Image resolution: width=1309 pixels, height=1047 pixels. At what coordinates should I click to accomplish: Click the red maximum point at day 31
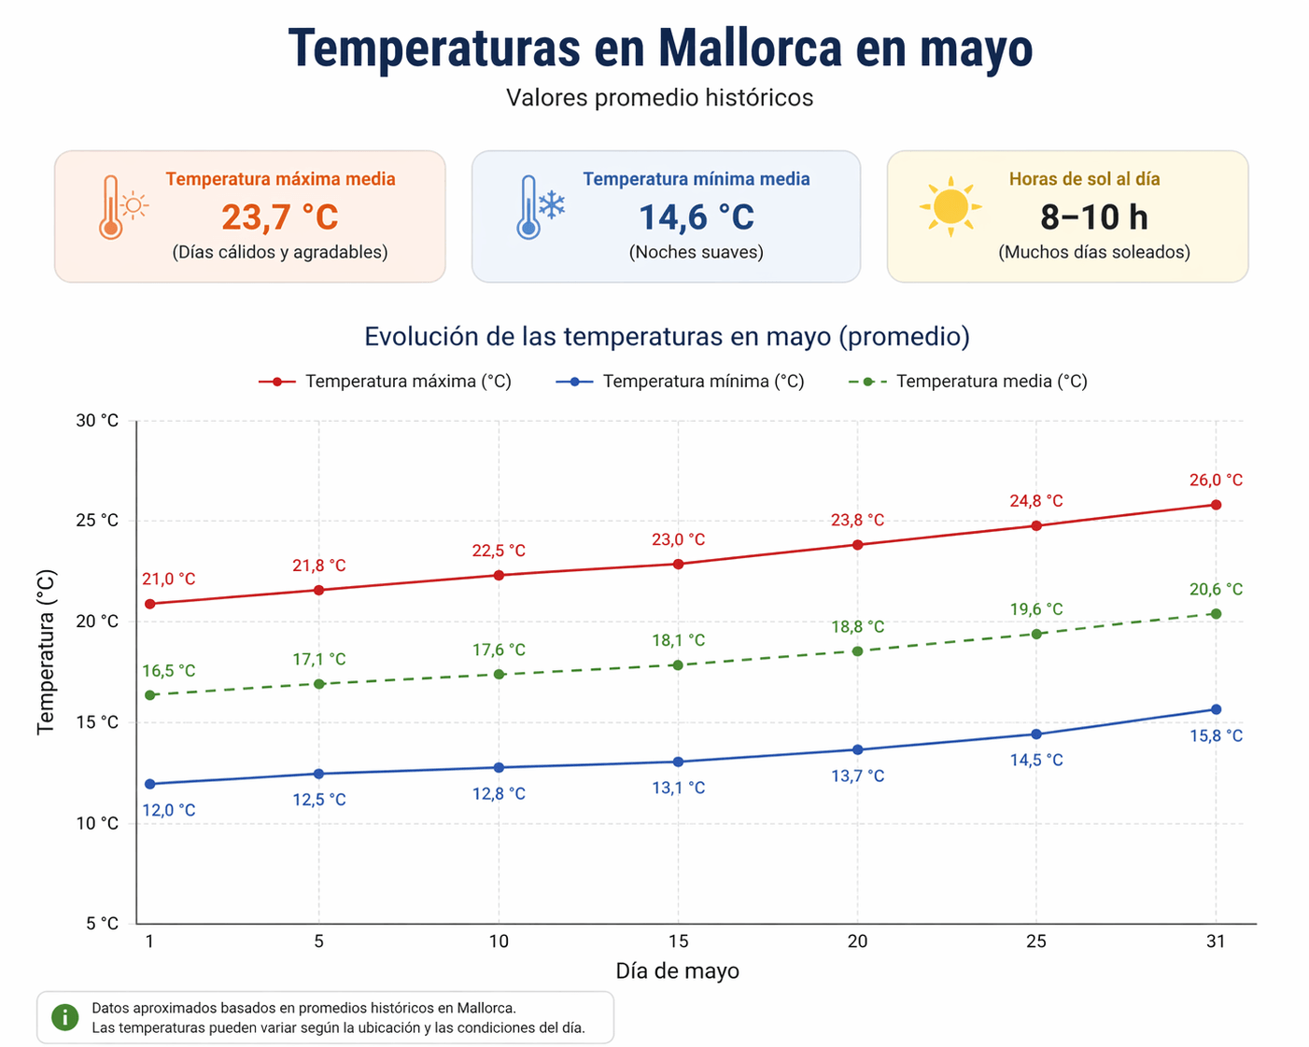1216,505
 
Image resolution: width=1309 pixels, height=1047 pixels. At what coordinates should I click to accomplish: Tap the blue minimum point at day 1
149,784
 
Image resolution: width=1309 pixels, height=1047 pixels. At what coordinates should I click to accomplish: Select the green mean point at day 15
678,665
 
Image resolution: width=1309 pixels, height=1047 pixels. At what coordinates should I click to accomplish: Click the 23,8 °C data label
857,521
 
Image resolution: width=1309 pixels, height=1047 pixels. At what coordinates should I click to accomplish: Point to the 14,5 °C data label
1036,761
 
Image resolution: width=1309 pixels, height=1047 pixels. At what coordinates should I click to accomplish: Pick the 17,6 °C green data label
499,650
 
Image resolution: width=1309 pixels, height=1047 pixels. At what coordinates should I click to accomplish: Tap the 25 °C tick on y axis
97,521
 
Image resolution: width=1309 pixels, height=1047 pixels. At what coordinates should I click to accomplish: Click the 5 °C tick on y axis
102,924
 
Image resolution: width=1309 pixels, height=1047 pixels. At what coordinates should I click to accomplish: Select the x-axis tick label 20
857,942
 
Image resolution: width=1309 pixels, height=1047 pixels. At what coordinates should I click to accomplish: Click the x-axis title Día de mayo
677,971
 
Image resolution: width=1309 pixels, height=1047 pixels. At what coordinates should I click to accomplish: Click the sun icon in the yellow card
950,206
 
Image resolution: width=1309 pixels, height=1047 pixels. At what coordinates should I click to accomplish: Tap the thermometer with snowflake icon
540,207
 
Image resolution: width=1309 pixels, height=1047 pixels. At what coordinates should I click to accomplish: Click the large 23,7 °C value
279,217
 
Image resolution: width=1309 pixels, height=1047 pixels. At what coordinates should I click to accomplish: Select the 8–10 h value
1093,217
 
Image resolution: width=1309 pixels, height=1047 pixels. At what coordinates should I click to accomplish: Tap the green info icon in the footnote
64,1017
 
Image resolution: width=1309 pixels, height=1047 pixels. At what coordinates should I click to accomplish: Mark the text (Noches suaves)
696,252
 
